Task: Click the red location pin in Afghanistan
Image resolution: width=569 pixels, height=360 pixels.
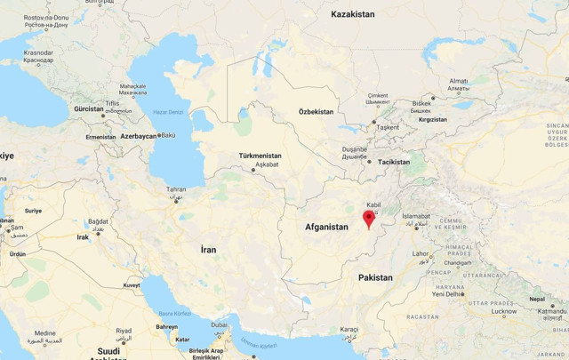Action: (369, 220)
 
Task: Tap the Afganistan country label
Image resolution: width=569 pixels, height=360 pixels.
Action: (326, 228)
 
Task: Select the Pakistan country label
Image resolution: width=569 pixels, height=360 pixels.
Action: (375, 277)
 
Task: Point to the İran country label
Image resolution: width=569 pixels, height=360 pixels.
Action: (208, 250)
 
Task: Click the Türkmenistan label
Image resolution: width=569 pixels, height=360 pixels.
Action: (260, 156)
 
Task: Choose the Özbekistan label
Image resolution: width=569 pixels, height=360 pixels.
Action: (316, 112)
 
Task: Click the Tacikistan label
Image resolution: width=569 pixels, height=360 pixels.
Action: (393, 162)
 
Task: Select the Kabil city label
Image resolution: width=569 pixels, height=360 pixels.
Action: (373, 204)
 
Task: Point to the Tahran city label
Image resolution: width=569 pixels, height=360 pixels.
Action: (177, 189)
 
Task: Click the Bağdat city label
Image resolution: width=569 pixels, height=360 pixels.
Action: (98, 221)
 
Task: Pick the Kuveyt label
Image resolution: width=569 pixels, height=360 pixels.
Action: (132, 285)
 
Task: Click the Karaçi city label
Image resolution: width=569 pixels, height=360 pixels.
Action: (348, 329)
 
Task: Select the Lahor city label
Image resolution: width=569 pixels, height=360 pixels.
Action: (421, 253)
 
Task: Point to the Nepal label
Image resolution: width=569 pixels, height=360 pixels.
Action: (536, 300)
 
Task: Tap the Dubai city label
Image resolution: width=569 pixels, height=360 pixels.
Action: (219, 325)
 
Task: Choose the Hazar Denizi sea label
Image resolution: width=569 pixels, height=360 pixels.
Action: (168, 112)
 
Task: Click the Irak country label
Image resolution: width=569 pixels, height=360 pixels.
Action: (83, 237)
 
